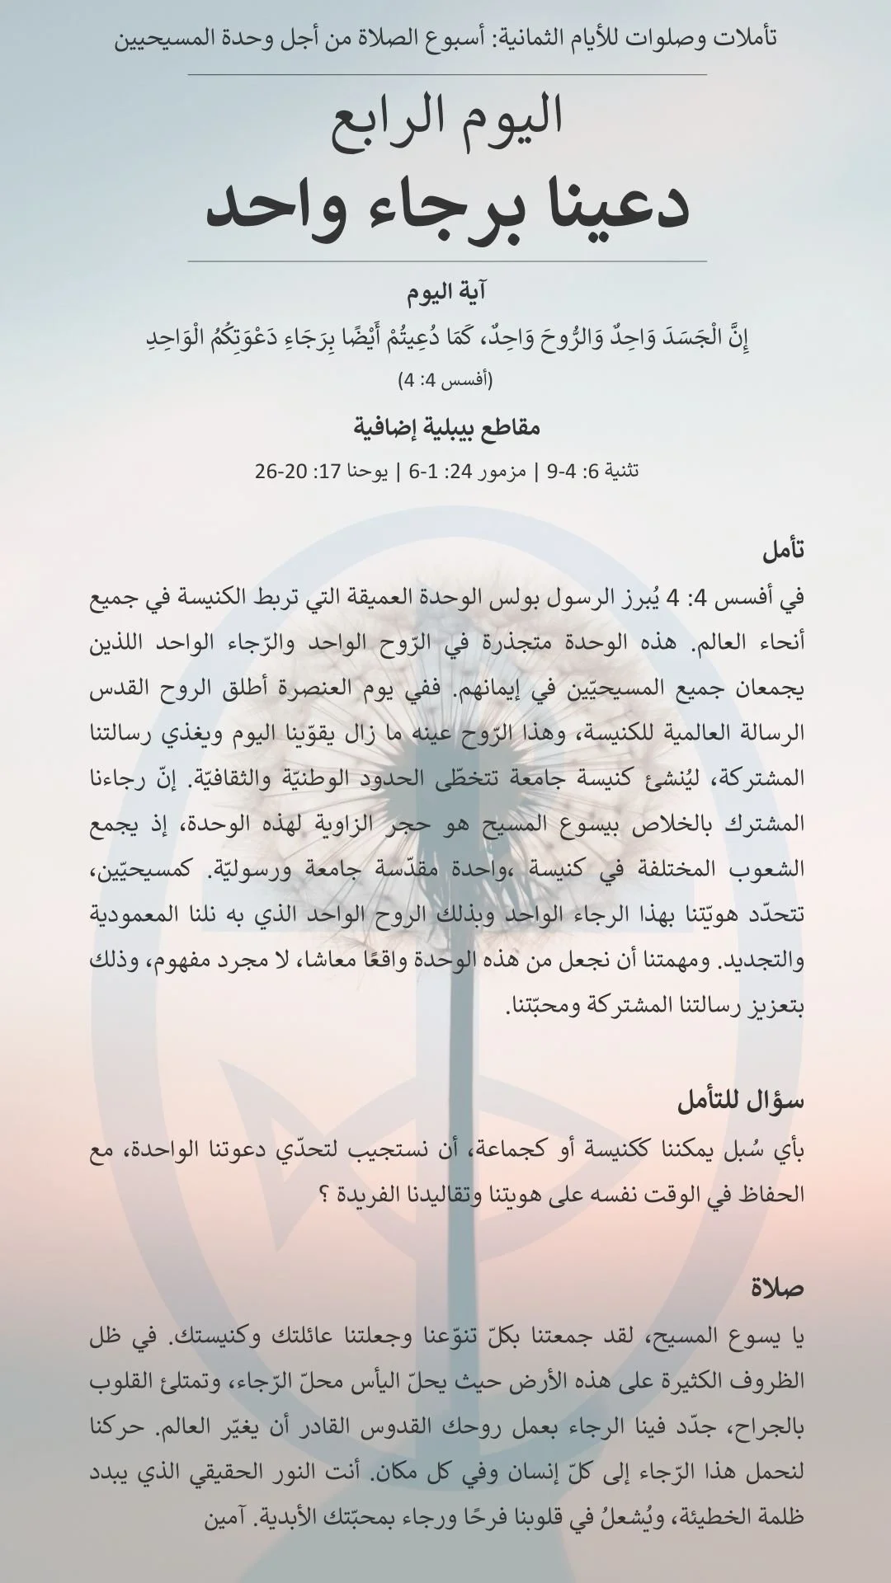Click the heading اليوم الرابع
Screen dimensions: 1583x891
coord(446,116)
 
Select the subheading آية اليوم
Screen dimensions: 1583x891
coord(445,293)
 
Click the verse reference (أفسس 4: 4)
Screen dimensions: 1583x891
coord(445,381)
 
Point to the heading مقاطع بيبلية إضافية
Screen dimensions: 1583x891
coord(446,428)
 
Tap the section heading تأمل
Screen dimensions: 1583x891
coord(783,551)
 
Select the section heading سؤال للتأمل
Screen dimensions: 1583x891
coord(740,1102)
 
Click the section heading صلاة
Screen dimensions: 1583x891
coord(777,1287)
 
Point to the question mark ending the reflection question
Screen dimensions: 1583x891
coord(325,1195)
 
